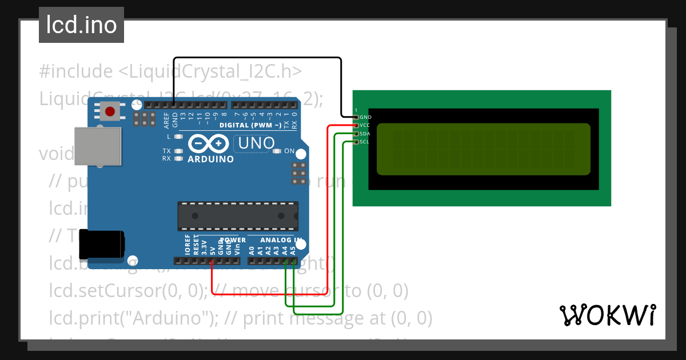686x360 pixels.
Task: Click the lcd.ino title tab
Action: coord(81,25)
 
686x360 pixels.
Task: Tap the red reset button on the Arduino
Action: coord(110,110)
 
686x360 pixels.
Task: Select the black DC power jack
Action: coord(101,244)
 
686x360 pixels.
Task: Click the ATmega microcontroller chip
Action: coord(237,215)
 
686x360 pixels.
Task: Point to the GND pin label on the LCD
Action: coord(365,117)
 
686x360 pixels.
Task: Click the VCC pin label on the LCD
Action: coord(365,125)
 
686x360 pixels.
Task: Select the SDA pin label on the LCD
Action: coord(365,134)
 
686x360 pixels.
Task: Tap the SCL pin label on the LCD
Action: coord(365,142)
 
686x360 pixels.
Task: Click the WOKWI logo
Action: coord(607,315)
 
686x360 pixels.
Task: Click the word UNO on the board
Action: coord(257,143)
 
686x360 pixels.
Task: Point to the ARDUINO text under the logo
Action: coord(210,159)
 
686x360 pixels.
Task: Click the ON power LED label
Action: coord(289,151)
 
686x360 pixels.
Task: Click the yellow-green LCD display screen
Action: coord(483,149)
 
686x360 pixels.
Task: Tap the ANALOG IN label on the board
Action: coord(281,240)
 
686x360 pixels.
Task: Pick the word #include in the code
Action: coord(76,71)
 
